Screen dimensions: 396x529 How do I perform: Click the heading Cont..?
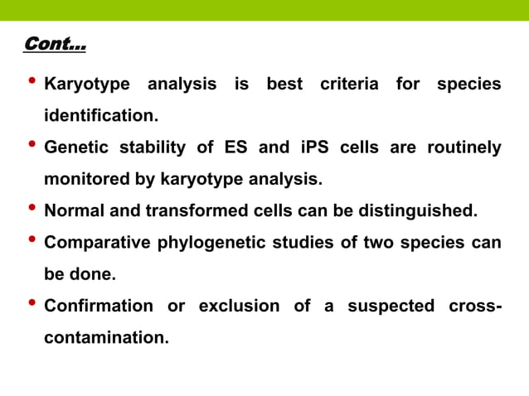[55, 43]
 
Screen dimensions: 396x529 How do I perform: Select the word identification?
[100, 116]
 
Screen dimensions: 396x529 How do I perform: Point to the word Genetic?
[75, 148]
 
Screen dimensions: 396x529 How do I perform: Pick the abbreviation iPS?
[317, 148]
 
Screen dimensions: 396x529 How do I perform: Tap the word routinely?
[463, 148]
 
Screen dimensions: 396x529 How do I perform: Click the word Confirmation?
[98, 306]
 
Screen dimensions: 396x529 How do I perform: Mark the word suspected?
[391, 306]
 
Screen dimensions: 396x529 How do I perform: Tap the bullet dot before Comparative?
[32, 241]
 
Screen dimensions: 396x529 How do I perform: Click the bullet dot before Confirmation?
[32, 304]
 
